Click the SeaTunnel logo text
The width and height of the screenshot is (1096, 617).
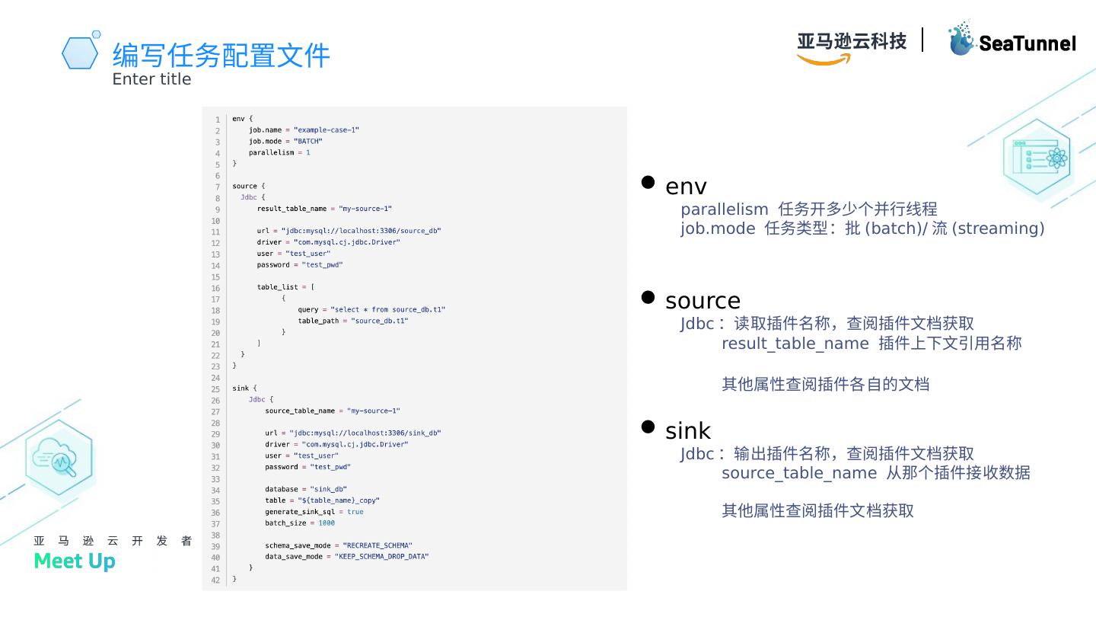[1027, 43]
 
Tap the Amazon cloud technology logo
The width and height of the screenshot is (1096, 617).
[851, 46]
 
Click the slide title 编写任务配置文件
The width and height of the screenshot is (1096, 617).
[221, 55]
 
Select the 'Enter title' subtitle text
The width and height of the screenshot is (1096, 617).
[151, 79]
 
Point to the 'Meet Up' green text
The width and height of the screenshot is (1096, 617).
[75, 561]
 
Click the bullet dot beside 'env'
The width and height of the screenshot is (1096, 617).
[648, 182]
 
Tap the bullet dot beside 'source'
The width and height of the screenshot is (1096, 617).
[648, 297]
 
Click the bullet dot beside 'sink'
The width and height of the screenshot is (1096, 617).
[648, 427]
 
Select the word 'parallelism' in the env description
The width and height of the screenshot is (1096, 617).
[725, 209]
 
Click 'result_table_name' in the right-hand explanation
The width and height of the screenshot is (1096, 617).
[795, 344]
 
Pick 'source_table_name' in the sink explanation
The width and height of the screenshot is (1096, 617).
[798, 473]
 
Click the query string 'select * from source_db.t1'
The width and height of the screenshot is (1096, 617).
[387, 309]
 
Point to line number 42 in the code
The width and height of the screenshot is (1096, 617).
[215, 580]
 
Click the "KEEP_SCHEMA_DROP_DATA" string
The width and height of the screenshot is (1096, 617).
[381, 557]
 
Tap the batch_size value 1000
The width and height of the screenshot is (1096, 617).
[327, 523]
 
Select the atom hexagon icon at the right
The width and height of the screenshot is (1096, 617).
[1037, 158]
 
